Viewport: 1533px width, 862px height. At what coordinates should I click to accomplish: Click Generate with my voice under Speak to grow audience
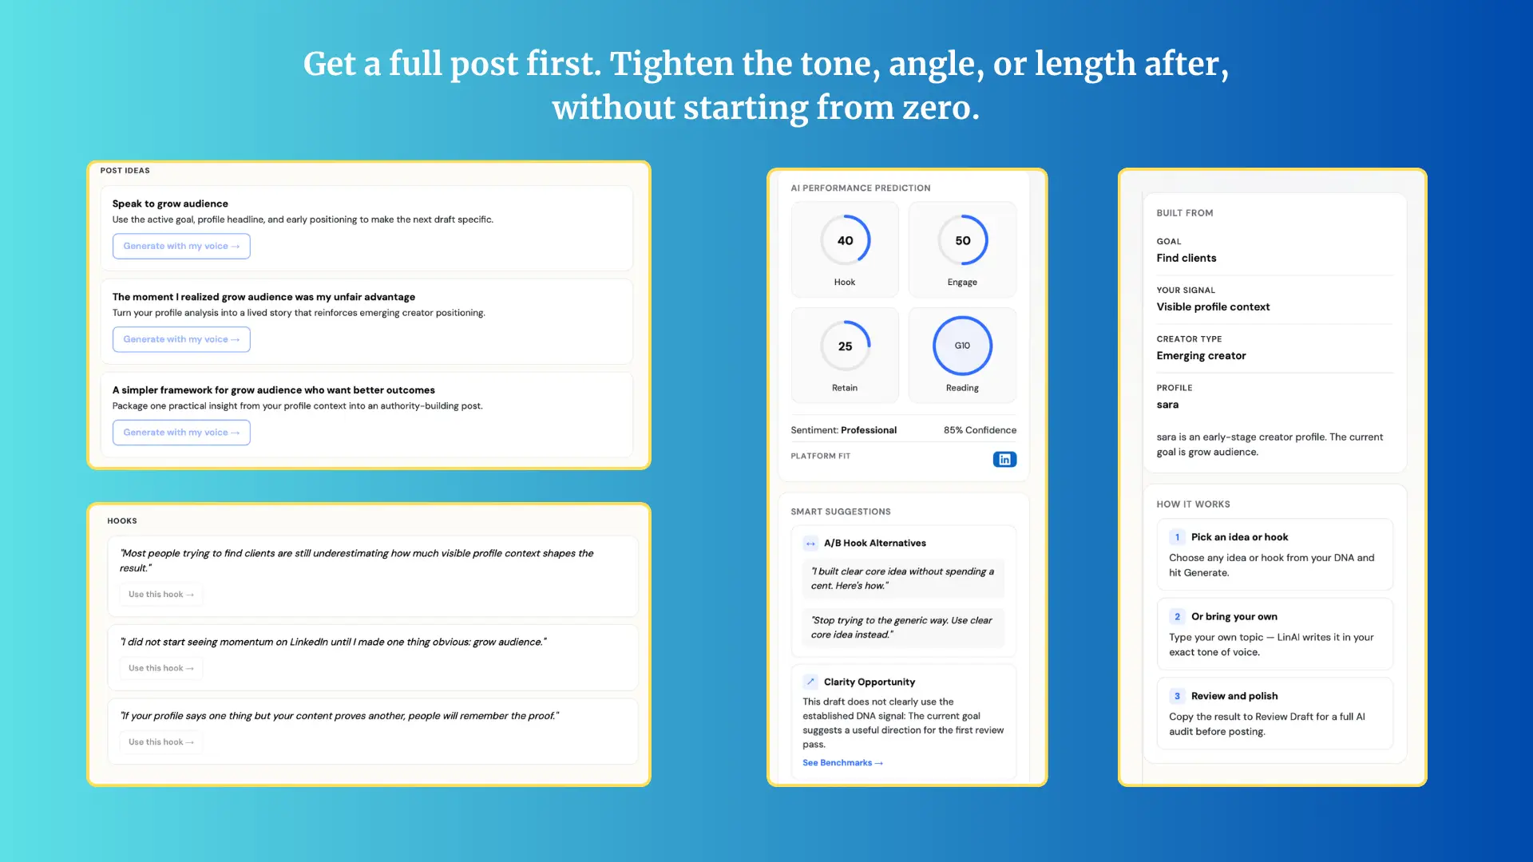point(181,246)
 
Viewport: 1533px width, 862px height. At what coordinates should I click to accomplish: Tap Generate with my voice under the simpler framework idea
point(181,433)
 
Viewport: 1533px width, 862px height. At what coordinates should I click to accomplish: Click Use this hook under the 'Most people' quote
point(161,595)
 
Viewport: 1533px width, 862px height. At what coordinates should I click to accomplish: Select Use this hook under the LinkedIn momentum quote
point(161,668)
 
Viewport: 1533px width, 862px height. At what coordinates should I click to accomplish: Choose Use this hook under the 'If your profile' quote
point(161,742)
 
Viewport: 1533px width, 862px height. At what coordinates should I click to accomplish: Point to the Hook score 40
point(845,240)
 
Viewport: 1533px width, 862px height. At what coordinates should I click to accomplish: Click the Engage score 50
point(963,240)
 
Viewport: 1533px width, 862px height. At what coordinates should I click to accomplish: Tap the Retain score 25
point(845,346)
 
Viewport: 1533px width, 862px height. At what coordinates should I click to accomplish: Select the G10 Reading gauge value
point(962,346)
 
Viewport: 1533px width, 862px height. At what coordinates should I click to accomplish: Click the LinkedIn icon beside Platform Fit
point(1004,459)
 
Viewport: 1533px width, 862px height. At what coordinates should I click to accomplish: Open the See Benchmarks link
point(842,763)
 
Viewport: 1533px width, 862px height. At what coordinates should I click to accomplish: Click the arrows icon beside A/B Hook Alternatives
point(810,544)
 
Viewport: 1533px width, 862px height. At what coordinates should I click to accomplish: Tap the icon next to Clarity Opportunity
point(810,682)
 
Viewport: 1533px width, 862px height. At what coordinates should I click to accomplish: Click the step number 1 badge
point(1177,537)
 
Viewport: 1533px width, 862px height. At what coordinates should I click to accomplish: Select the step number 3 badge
point(1177,696)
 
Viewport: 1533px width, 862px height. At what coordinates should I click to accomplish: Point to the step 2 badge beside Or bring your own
point(1177,617)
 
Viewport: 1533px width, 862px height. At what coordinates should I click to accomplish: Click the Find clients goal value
point(1186,258)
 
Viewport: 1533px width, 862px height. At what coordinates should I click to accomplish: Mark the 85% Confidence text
point(980,430)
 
